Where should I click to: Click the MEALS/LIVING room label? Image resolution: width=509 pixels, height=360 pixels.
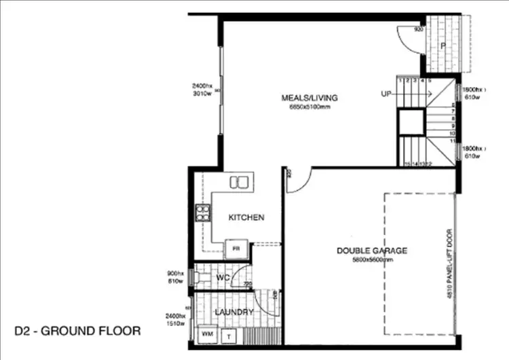coord(309,98)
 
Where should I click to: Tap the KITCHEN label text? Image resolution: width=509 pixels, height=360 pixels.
coord(246,217)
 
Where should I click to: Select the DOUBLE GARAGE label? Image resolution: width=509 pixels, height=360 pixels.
coord(372,251)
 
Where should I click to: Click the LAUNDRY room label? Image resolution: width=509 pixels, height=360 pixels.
coord(234,312)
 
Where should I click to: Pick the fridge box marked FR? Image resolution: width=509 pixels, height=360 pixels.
coord(237,249)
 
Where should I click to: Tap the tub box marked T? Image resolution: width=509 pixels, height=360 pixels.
coord(229,336)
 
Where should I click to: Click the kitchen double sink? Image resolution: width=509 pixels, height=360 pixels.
coord(238,182)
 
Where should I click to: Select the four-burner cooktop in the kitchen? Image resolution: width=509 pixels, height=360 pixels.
coord(202,214)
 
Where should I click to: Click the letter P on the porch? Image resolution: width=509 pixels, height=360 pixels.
coord(442,46)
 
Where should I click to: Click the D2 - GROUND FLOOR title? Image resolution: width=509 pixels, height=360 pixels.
coord(77,331)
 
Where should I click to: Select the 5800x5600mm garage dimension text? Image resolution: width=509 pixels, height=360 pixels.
coord(372,260)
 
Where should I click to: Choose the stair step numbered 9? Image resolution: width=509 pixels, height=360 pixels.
coord(453,126)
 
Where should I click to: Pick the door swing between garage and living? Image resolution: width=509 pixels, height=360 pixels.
coord(299,180)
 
